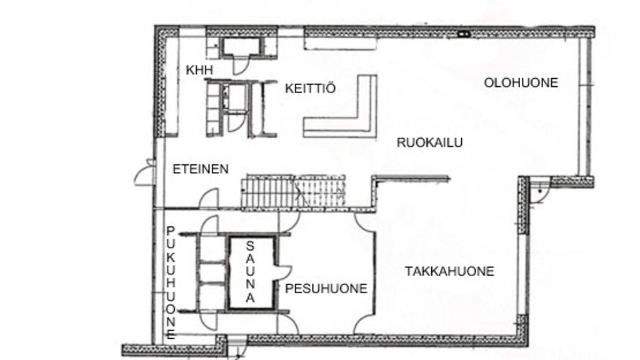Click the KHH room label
coord(199,70)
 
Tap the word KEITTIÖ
coord(310,88)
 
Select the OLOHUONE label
coord(521,83)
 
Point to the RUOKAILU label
coord(429,142)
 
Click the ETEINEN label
coord(201,169)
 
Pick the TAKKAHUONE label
coord(449,271)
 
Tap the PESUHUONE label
coord(326,289)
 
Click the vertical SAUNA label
coord(250,272)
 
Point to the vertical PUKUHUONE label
coord(171,283)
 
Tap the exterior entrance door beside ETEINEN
coord(145,172)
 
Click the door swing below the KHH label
coord(241,64)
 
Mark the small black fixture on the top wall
coord(463,34)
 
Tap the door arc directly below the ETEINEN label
coord(209,199)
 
